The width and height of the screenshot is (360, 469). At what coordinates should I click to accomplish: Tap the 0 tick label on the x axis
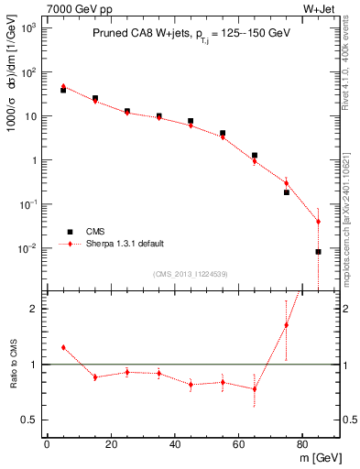pyautogui.click(x=47, y=446)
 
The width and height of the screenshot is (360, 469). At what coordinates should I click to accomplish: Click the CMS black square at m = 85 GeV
pyautogui.click(x=318, y=251)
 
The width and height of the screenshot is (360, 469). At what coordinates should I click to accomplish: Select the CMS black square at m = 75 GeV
pyautogui.click(x=286, y=192)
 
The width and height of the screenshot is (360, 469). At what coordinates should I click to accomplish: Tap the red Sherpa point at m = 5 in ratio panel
pyautogui.click(x=62, y=347)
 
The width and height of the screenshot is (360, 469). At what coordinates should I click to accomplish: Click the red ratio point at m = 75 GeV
pyautogui.click(x=286, y=325)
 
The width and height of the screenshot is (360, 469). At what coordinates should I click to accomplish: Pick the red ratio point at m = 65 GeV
pyautogui.click(x=254, y=388)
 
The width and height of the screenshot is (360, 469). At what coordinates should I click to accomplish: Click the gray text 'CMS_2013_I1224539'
pyautogui.click(x=190, y=273)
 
